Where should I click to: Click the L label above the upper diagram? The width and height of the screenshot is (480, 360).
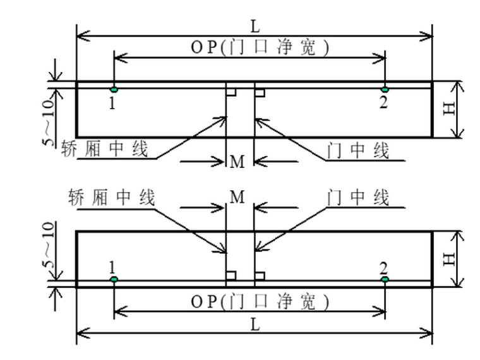click(255, 27)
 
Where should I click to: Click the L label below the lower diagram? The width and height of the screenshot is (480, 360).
click(255, 324)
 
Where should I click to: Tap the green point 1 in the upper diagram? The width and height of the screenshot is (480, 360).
click(114, 90)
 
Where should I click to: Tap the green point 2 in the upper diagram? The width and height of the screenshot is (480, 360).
click(384, 90)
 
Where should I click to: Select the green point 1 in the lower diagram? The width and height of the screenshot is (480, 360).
click(114, 279)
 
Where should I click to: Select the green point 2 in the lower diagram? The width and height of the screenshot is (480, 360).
click(384, 279)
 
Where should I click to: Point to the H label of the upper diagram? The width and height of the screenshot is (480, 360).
click(449, 109)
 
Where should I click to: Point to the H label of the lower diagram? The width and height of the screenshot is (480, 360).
click(449, 258)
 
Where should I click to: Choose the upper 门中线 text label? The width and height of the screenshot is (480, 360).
click(358, 150)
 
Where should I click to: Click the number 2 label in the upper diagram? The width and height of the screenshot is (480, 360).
click(383, 103)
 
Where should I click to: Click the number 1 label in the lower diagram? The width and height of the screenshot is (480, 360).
click(112, 267)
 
